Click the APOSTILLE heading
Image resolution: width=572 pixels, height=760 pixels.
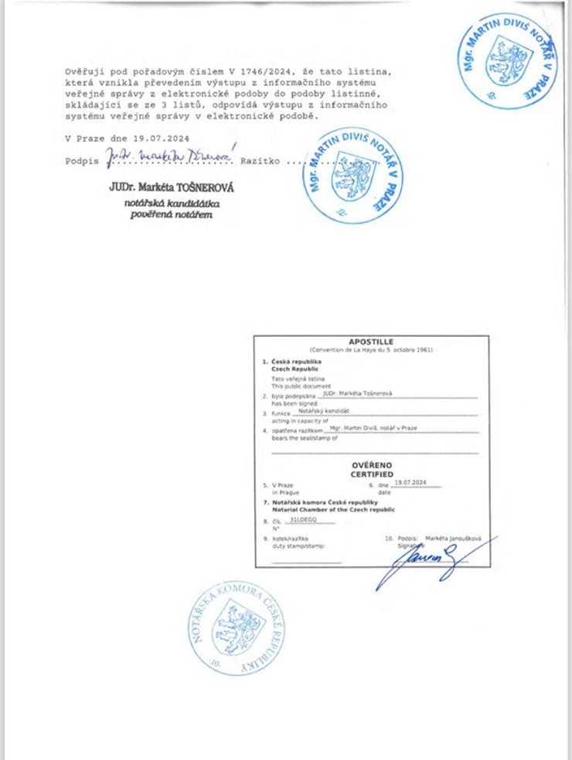point(371,341)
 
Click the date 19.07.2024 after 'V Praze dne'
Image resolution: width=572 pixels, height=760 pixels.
point(161,138)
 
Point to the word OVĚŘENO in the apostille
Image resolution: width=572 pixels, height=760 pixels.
point(371,465)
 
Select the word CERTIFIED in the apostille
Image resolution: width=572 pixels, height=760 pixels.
point(371,474)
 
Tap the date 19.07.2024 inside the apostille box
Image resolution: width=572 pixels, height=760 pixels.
point(410,481)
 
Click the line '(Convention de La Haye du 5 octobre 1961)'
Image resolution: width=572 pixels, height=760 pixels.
point(371,350)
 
